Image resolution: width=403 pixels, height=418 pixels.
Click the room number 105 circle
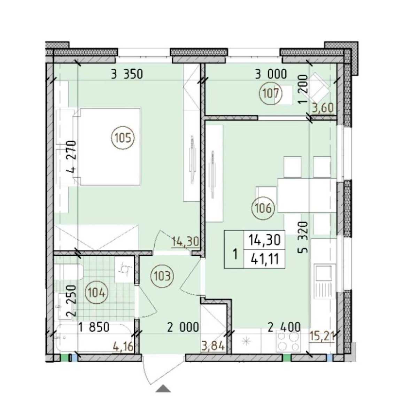coord(123,138)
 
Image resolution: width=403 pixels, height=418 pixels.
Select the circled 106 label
coord(263,208)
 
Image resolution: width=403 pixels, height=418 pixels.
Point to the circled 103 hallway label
coord(162,276)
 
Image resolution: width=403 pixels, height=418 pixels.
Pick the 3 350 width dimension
coord(127,75)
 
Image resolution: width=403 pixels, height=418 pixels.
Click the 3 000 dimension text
coord(271,74)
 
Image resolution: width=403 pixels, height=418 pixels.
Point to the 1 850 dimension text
coord(94,328)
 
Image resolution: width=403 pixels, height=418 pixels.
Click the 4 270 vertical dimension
coord(71,157)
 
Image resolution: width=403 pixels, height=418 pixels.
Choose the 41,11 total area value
coord(265,259)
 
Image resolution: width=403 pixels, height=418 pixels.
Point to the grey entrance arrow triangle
coord(163,389)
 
